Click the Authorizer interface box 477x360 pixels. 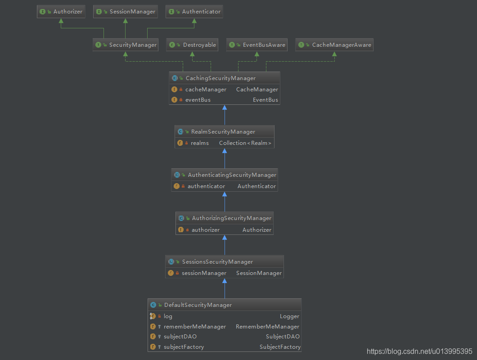61,12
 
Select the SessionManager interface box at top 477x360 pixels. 126,12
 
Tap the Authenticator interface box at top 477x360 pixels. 194,12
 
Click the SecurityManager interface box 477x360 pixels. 126,45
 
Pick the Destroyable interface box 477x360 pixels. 193,45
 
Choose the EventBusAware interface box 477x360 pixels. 257,45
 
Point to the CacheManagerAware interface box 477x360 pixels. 334,45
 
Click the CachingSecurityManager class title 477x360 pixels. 220,78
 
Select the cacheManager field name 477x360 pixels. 206,90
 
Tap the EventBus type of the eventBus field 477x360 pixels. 265,100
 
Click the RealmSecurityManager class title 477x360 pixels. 223,132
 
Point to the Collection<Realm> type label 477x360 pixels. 245,143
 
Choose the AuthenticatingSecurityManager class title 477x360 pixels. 232,175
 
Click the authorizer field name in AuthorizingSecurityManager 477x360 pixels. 206,230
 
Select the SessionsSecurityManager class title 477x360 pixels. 217,262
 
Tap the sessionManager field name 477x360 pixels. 204,273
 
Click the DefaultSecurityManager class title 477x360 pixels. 198,305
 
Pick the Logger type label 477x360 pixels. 289,316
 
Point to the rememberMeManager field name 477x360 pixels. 195,327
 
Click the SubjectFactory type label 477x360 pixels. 280,347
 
